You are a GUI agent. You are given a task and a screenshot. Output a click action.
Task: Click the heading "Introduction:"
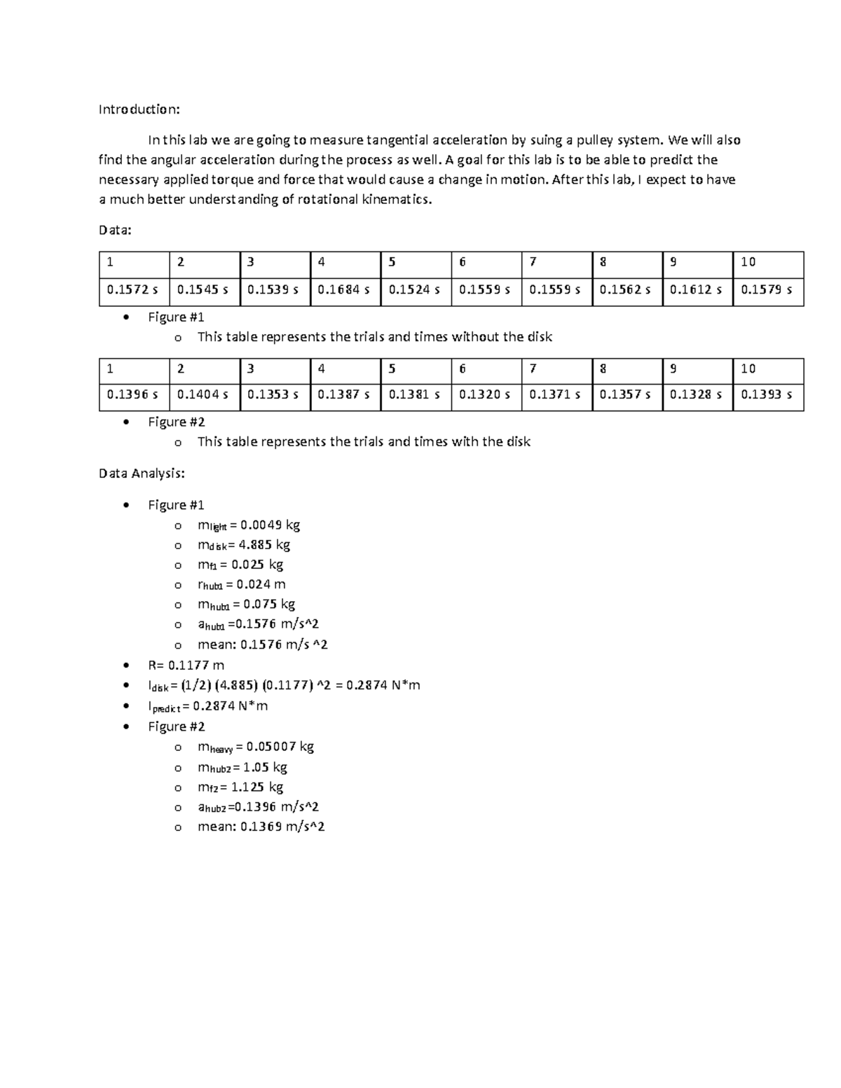point(139,109)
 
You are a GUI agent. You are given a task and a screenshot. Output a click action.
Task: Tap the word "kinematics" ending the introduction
point(394,200)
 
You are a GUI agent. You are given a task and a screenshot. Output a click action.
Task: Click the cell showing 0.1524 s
point(414,289)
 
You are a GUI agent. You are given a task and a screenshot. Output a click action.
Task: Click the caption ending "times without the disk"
point(374,337)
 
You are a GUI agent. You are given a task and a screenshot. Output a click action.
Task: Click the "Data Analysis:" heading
point(142,474)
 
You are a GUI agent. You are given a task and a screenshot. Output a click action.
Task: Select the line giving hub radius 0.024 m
point(241,584)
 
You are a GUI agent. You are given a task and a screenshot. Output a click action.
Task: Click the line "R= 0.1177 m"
point(186,665)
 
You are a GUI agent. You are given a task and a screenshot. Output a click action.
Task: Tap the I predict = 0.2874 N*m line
point(207,706)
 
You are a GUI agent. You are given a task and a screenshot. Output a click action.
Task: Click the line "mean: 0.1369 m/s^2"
point(261,827)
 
